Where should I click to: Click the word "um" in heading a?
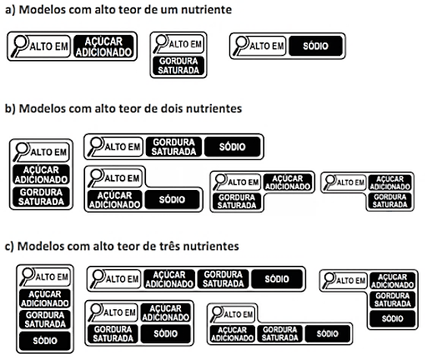point(169,10)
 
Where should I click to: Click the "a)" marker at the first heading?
point(10,10)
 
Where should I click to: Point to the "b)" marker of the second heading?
point(10,108)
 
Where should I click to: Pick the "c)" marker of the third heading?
point(9,247)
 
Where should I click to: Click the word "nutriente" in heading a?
point(207,10)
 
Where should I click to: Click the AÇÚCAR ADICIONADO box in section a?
point(103,47)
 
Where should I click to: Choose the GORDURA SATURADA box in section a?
point(178,66)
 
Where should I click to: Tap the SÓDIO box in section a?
point(315,46)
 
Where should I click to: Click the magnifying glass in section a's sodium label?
point(240,45)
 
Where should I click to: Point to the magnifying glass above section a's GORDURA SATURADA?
point(160,42)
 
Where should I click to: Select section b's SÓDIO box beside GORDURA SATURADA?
point(233,147)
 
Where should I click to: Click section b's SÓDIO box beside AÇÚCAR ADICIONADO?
point(172,199)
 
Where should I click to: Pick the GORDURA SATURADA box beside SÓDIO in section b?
point(173,147)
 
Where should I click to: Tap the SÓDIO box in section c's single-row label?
point(277,279)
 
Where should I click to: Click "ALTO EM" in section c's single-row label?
point(122,279)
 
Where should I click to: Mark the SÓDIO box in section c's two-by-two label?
point(166,333)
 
